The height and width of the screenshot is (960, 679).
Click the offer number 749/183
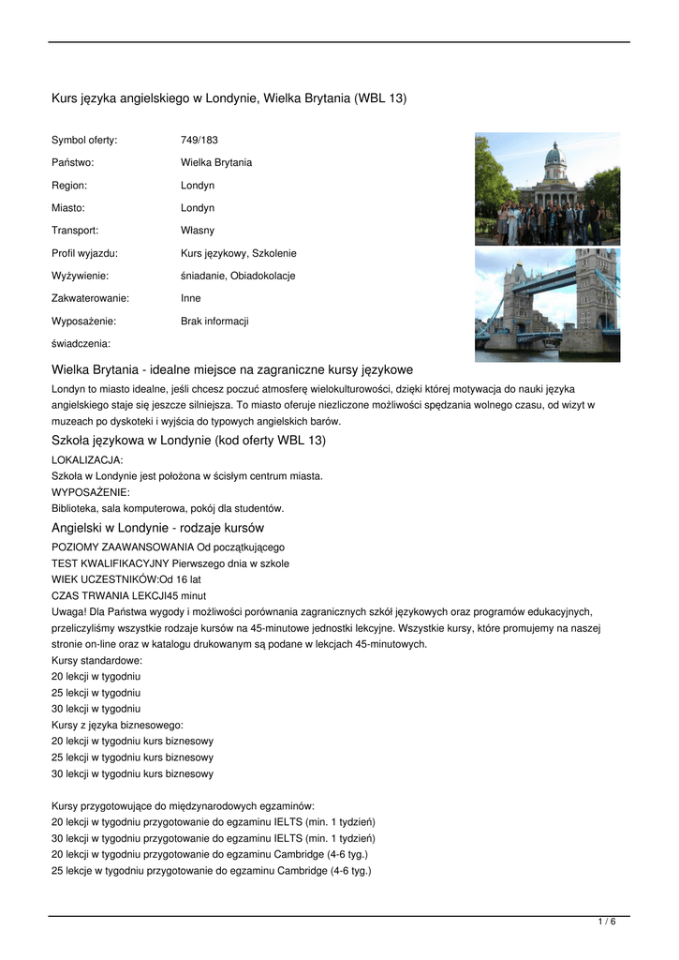199,140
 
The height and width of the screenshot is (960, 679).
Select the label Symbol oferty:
84,140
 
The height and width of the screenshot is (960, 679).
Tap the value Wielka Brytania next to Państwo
215,162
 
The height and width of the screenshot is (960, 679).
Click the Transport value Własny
197,230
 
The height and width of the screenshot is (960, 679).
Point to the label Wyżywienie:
80,276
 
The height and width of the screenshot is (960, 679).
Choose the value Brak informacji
214,321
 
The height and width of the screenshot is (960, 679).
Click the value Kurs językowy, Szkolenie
238,253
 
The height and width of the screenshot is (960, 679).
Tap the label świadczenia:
81,343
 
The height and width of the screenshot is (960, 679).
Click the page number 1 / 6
607,922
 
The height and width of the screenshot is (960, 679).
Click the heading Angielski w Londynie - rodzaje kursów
157,528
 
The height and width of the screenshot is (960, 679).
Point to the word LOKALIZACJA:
87,459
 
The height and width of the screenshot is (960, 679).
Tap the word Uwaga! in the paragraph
68,611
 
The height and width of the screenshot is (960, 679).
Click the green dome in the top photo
554,154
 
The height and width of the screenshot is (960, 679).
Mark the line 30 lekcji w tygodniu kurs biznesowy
132,773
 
